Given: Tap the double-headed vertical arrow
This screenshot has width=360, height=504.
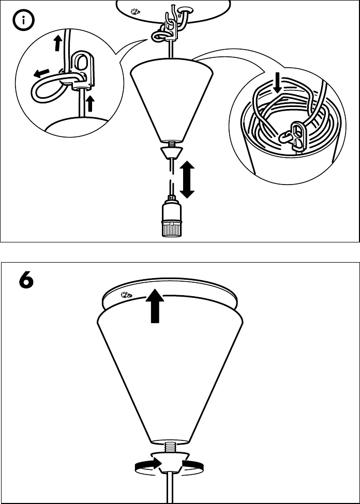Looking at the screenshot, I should (187, 179).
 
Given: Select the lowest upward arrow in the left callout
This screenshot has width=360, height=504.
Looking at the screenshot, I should (90, 103).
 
